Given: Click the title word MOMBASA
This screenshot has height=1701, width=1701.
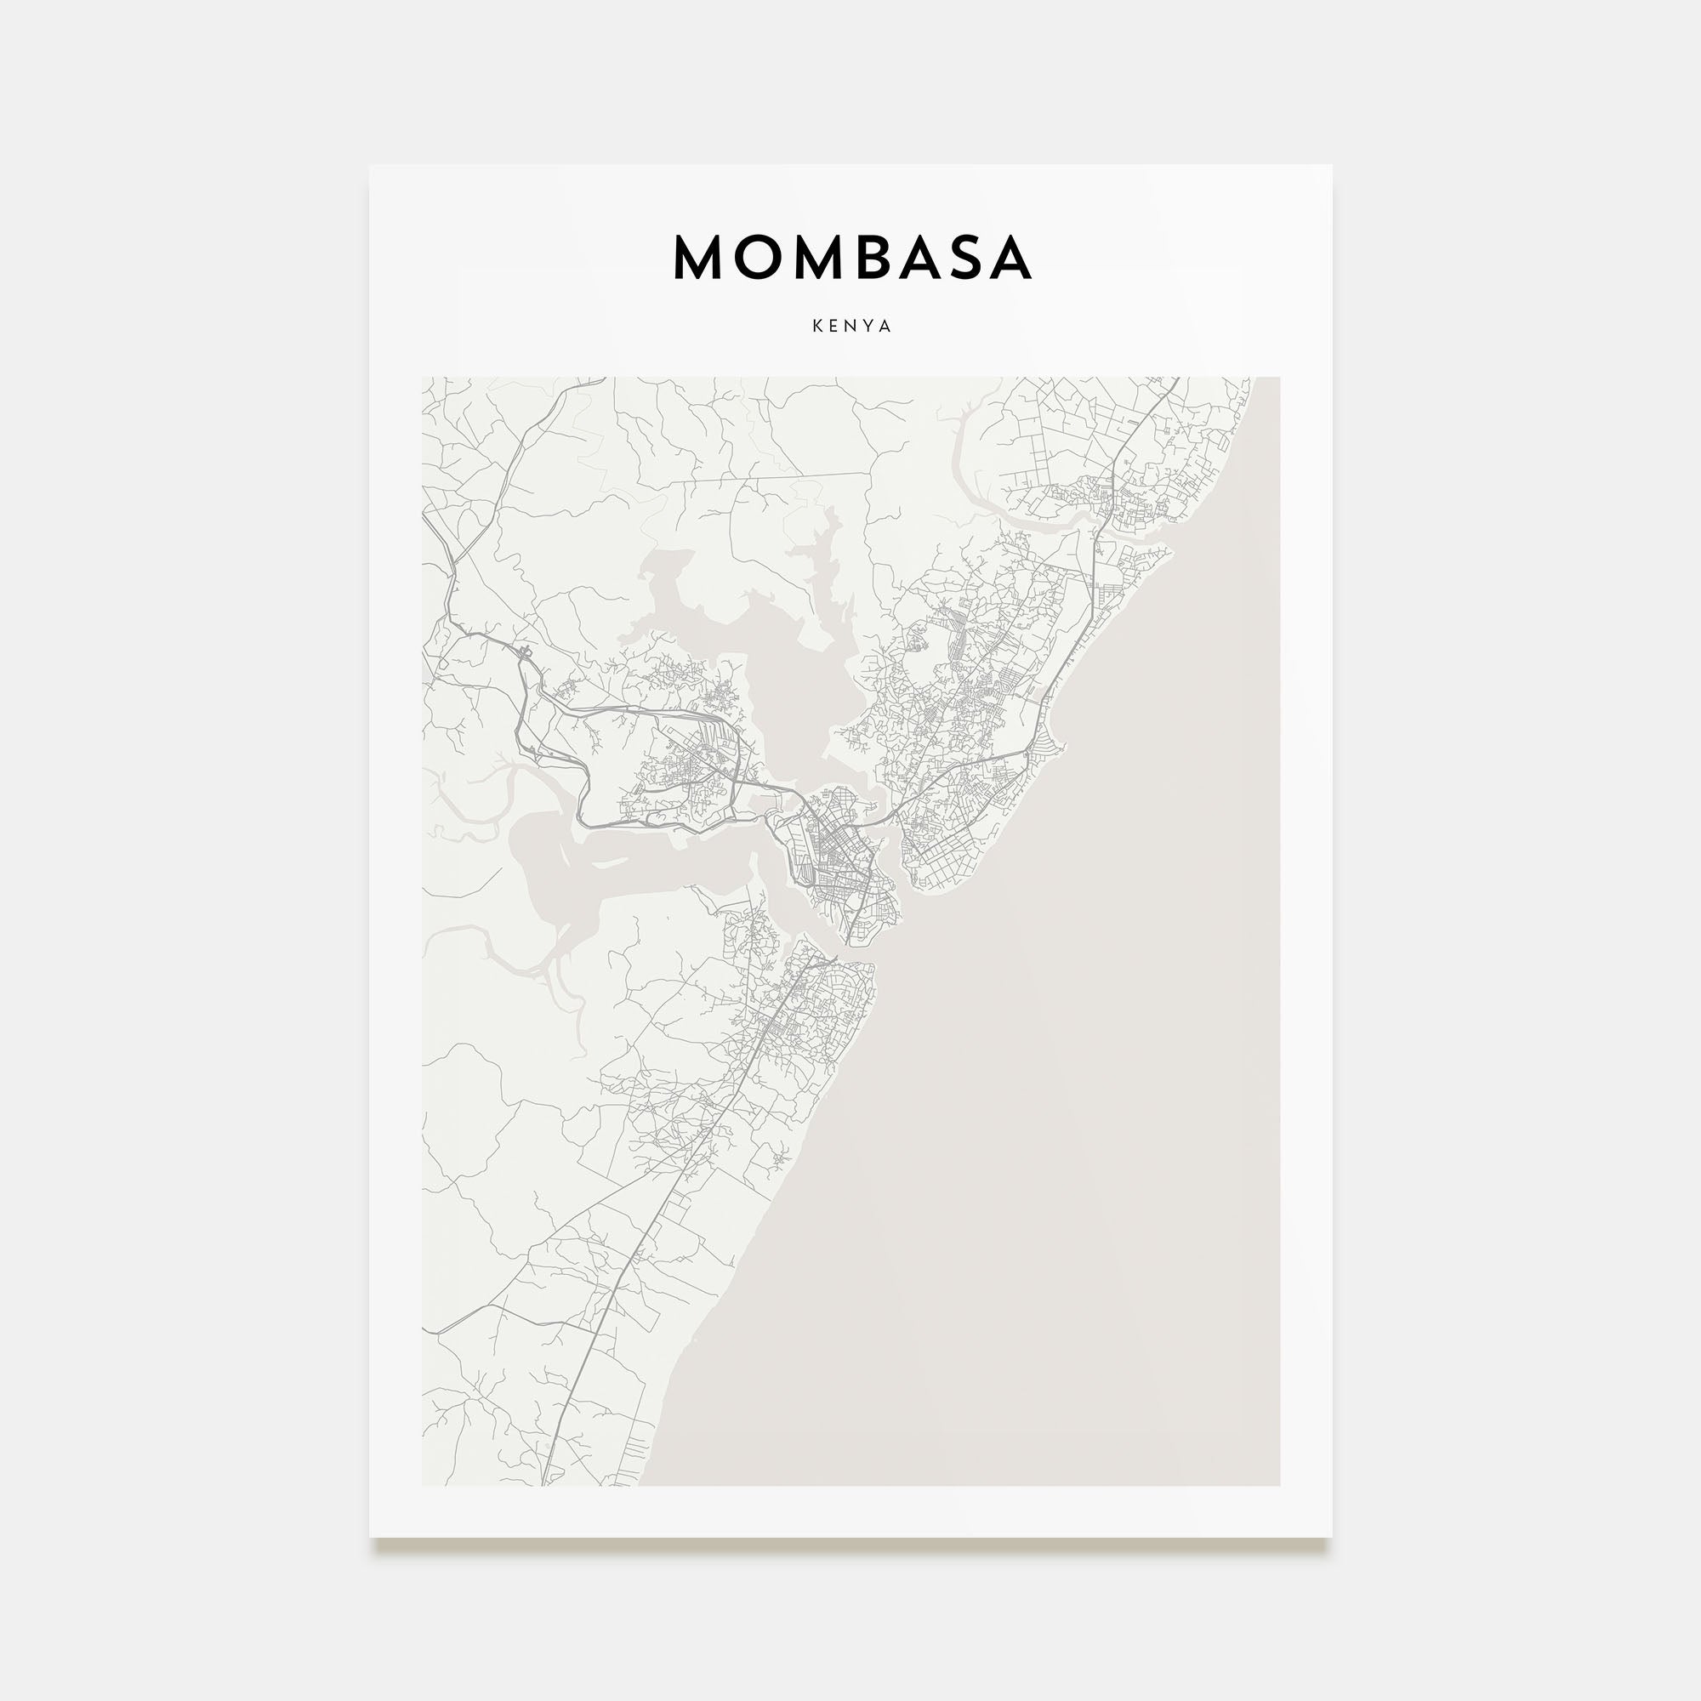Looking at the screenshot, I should point(851,257).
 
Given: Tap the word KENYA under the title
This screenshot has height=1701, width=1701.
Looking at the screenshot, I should point(851,326).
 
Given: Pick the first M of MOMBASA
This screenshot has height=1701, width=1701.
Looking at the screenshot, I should point(697,257).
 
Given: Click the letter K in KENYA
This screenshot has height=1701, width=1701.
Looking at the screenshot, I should point(818,326).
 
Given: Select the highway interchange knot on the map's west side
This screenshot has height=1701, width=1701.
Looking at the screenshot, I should point(526,653).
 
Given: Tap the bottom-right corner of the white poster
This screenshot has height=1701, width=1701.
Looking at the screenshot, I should point(1330,1536).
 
